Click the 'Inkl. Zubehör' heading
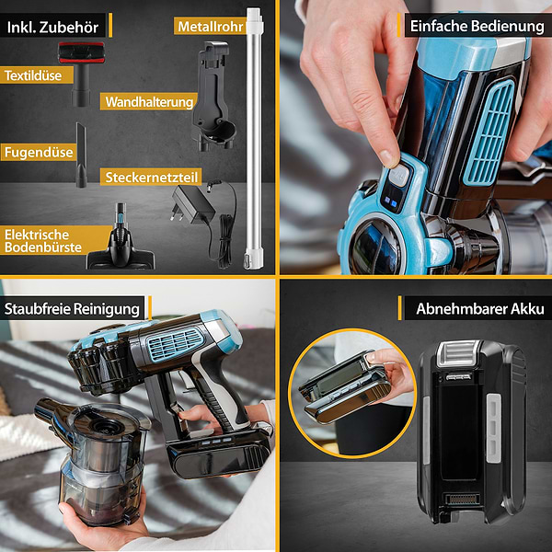52,28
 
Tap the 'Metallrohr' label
211,27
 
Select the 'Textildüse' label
33,75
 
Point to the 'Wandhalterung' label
149,102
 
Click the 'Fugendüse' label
39,153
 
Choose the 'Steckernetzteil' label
152,178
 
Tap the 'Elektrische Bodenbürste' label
43,241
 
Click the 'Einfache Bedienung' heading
477,26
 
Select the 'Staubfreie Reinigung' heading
72,309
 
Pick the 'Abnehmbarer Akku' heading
480,309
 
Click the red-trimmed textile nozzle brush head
81,52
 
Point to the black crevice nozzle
81,155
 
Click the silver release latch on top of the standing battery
458,353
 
